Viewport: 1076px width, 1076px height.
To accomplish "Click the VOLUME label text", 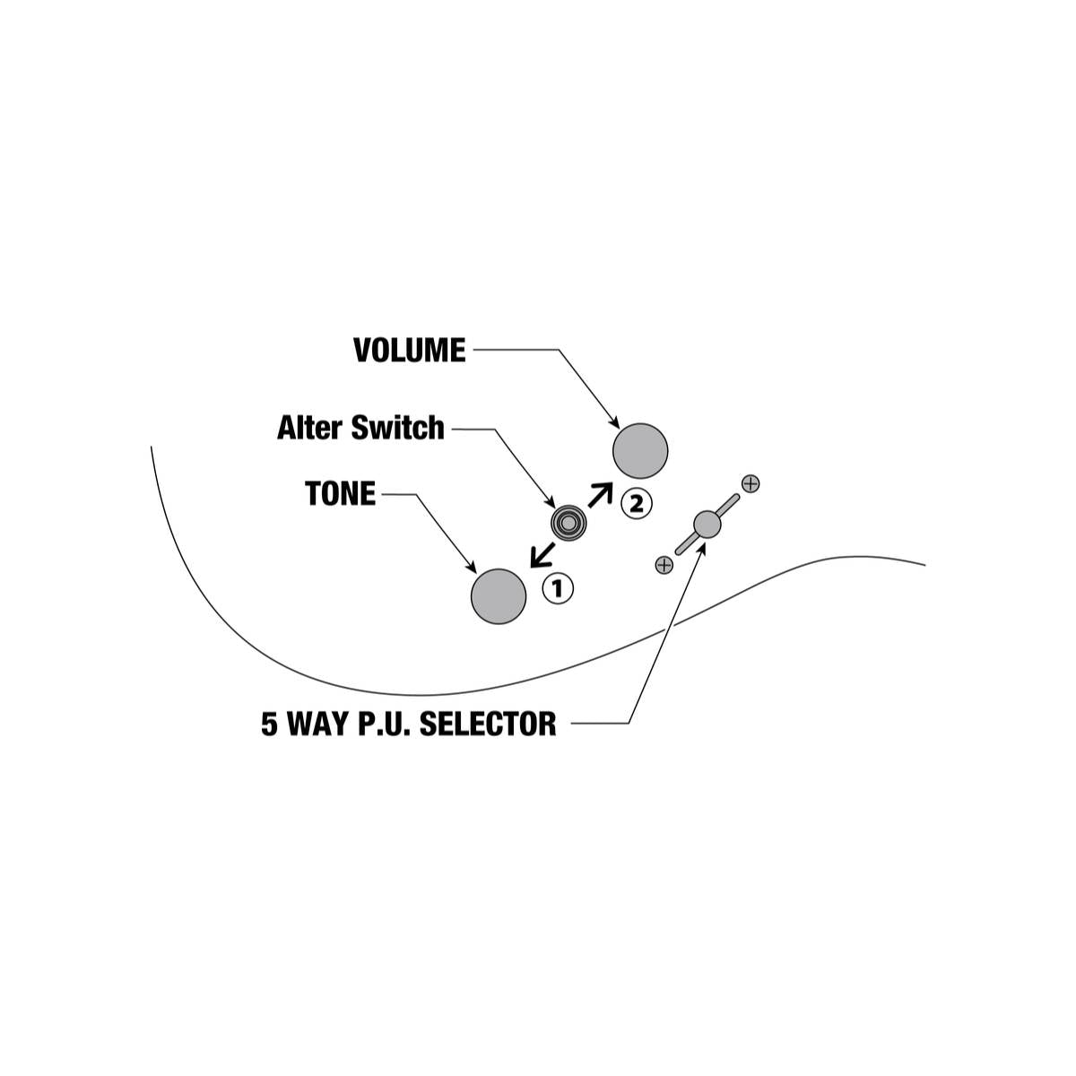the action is point(409,350).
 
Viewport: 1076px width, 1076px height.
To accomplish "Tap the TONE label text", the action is point(340,493).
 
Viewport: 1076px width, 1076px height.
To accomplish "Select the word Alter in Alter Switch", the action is point(309,428).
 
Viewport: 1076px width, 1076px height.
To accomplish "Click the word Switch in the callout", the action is point(397,428).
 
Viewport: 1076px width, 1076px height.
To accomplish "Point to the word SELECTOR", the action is point(488,724).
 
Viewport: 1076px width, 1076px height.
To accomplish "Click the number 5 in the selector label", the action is point(269,724).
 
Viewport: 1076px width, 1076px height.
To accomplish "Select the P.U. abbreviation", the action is point(383,724).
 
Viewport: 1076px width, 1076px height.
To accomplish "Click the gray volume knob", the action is point(640,451).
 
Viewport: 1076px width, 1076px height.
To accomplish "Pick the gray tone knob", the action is point(499,596).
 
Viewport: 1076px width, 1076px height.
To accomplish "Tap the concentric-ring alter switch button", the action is point(568,523).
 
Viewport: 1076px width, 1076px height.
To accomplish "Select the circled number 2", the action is point(637,504).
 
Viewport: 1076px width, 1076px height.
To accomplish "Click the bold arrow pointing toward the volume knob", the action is point(601,495).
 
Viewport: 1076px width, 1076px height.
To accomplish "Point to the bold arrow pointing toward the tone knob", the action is point(542,554).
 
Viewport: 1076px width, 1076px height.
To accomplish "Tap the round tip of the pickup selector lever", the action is point(707,525).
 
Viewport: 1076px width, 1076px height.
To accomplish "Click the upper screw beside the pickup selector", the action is point(751,483).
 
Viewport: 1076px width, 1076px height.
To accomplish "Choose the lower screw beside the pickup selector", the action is point(664,566).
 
